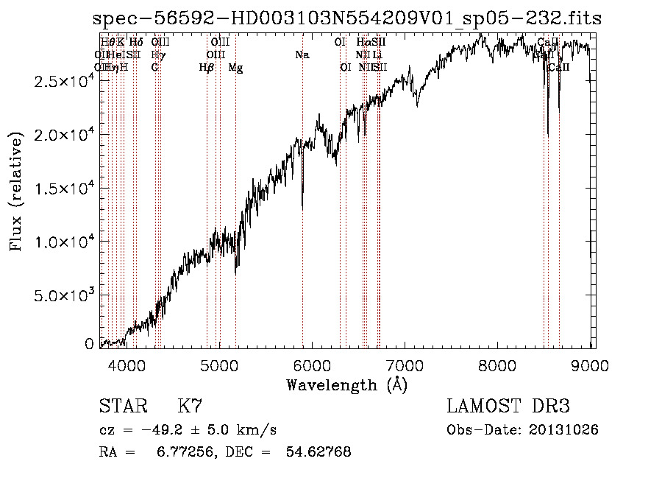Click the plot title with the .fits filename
347,18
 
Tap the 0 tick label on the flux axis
89,343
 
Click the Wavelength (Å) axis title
346,385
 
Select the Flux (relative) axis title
16,191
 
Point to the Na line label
302,55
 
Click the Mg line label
235,68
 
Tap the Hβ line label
207,68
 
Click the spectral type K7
190,406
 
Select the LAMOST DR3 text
508,406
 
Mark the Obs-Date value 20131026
567,429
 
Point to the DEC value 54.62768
318,451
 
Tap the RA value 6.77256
176,451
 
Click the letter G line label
154,68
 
